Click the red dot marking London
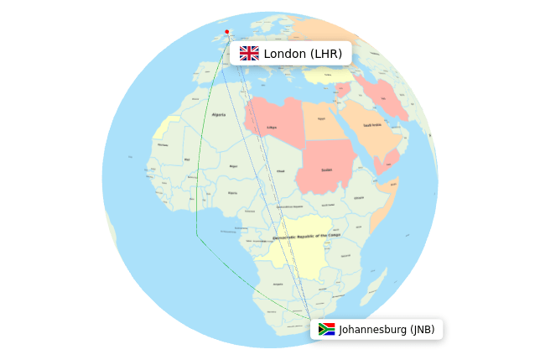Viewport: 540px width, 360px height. click(227, 32)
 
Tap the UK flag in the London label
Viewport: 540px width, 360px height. click(249, 54)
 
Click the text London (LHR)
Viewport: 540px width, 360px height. click(303, 54)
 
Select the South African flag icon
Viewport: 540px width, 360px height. click(326, 329)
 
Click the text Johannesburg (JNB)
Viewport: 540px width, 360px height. click(387, 329)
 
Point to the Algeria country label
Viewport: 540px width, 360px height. click(219, 114)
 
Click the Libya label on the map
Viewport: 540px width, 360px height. click(271, 128)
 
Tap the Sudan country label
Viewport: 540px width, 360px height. click(325, 170)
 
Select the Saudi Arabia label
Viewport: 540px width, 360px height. click(373, 125)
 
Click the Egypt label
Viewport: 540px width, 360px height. click(320, 118)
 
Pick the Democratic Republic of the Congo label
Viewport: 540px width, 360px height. click(305, 237)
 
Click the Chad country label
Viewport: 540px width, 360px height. click(280, 170)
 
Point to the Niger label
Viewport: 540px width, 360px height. click(233, 166)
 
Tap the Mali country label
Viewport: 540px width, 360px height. click(187, 159)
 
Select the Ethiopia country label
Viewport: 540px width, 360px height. click(359, 197)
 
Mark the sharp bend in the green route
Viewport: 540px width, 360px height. click(197, 236)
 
